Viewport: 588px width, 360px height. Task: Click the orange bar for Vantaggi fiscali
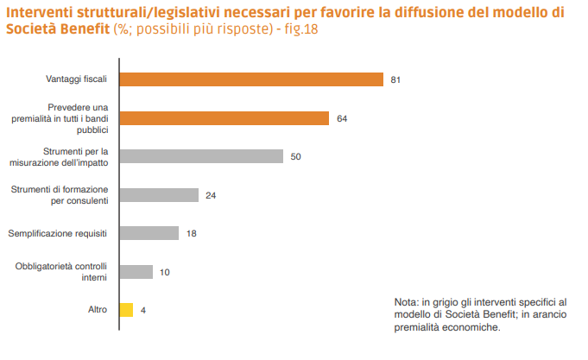(250, 79)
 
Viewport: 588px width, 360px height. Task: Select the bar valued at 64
(224, 118)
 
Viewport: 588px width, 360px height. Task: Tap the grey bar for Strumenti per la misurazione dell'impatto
(200, 156)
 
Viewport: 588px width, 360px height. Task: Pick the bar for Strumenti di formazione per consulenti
(158, 195)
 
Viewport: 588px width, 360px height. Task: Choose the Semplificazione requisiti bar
(149, 233)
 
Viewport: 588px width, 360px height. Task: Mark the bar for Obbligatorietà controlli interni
(136, 272)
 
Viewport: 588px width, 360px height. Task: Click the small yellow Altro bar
(126, 310)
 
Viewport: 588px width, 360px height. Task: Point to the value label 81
(395, 80)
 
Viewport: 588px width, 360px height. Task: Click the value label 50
(295, 157)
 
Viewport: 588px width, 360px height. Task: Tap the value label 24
(211, 196)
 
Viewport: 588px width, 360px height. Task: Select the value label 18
(191, 234)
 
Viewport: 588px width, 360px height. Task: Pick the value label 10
(165, 273)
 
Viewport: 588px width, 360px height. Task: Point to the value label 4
(142, 311)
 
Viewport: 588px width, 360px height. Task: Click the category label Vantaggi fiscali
(76, 79)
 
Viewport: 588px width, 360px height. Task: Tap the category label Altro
(97, 310)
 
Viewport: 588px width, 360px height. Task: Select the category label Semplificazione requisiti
(58, 233)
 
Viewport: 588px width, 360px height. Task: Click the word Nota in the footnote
(405, 301)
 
